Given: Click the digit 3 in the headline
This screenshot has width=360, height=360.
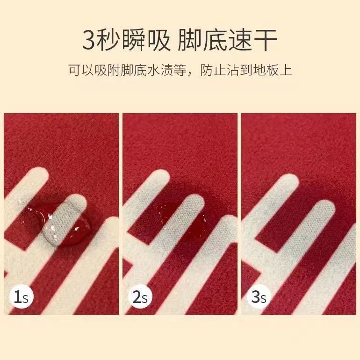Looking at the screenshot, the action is [89, 41].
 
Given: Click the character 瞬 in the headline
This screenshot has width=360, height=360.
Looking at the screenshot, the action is [133, 40].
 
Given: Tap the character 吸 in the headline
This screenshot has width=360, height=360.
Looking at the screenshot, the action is [158, 40].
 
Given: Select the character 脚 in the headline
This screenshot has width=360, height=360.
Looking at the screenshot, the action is [190, 40].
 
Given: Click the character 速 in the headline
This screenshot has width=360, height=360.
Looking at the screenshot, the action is [240, 40].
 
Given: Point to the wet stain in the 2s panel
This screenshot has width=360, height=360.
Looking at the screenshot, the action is [181, 220].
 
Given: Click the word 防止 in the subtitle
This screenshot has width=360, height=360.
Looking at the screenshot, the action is [213, 70].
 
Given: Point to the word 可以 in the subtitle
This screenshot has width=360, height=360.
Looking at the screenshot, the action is [81, 70].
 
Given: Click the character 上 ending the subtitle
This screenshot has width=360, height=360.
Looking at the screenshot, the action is [285, 70].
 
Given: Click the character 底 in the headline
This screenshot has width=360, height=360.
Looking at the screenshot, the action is [215, 40].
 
